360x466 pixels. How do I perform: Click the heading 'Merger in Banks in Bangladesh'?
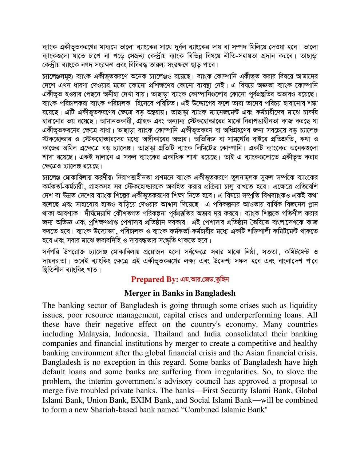[x=180, y=293]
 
